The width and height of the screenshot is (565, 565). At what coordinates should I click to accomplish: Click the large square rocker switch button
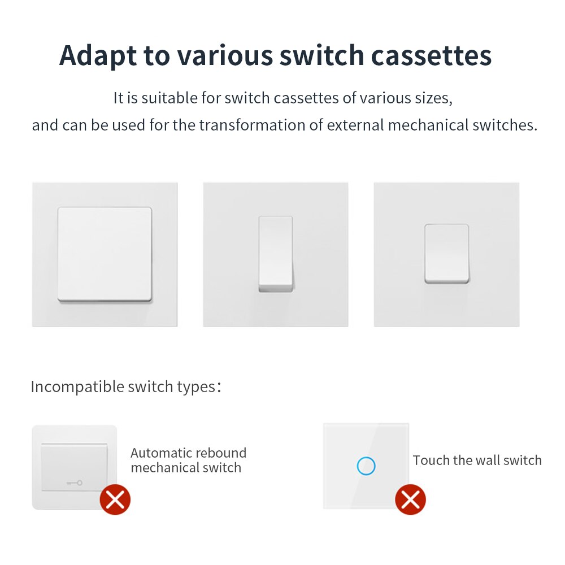point(105,254)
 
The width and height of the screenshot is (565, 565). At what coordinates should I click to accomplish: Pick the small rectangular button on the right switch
point(446,253)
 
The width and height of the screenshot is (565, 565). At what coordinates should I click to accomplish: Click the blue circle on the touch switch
point(366,466)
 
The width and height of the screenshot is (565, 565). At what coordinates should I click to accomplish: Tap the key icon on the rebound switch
point(74,483)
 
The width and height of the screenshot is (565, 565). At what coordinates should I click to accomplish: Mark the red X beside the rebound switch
point(115,499)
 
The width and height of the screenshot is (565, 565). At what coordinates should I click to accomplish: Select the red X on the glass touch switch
point(410,499)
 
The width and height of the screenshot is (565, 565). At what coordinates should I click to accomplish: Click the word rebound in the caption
point(225,453)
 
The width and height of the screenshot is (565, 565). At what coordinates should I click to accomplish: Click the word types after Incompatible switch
point(194,388)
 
